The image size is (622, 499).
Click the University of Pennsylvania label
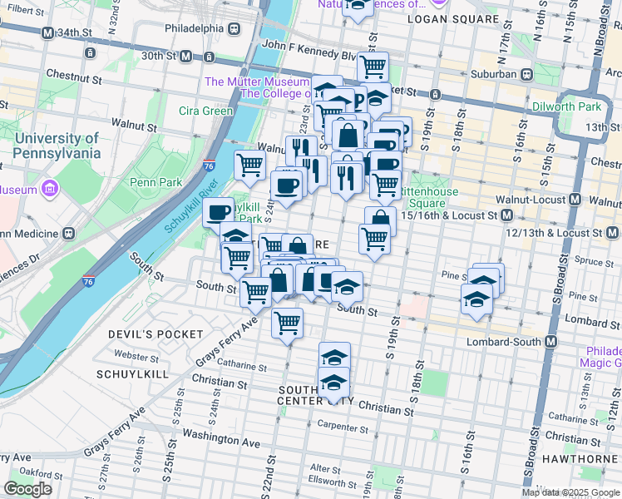57,146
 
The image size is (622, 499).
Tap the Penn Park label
149,181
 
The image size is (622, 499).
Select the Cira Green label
205,111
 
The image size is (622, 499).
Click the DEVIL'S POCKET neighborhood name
155,334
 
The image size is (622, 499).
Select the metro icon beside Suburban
527,74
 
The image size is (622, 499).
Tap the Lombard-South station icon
550,341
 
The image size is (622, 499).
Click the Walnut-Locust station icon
575,200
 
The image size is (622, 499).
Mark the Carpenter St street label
341,428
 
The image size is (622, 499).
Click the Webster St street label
136,355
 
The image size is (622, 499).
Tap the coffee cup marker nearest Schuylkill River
219,213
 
